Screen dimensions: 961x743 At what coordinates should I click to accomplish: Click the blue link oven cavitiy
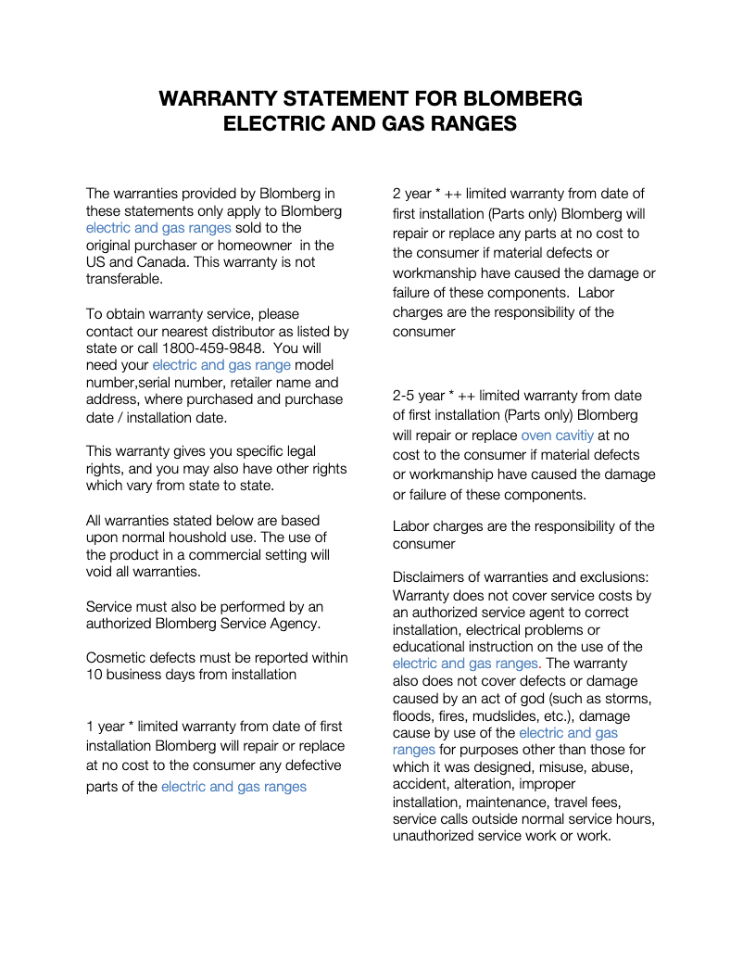tap(557, 435)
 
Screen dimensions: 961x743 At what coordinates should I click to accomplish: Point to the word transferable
tap(124, 279)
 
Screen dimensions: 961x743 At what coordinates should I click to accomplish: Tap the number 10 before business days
tap(94, 675)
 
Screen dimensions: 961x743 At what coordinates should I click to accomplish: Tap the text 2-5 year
tap(419, 396)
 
